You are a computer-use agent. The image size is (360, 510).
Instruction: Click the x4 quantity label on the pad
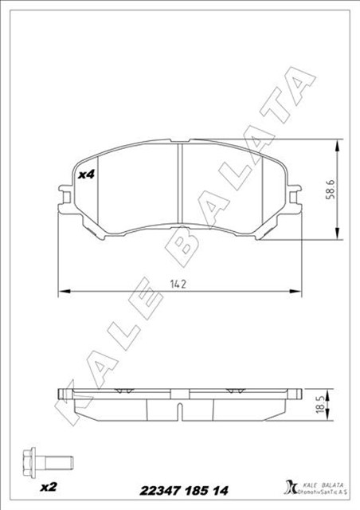pos(87,174)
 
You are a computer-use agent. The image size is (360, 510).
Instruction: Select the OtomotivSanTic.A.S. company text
pos(322,490)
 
